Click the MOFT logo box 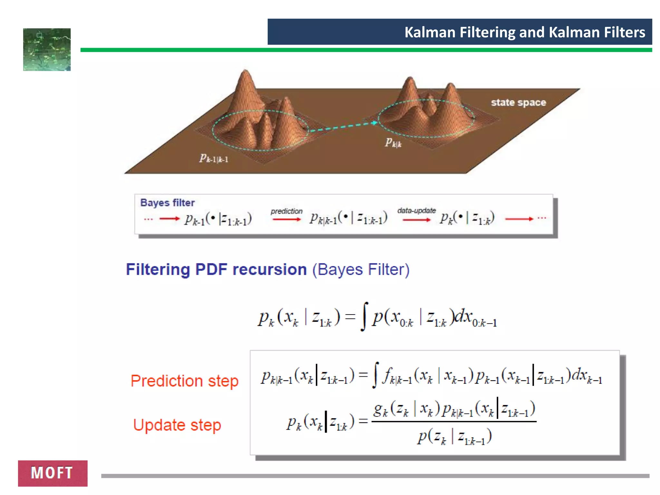tap(53, 473)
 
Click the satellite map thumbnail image tap(47, 50)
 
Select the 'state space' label tap(518, 102)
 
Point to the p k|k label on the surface tap(393, 142)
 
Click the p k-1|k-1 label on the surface tap(213, 158)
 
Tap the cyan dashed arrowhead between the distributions tap(374, 123)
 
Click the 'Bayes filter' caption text tap(167, 203)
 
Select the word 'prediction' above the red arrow tap(286, 211)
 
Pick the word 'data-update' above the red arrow tap(416, 210)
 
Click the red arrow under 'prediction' tap(286, 219)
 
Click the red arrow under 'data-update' tap(416, 220)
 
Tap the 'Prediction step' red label tap(184, 381)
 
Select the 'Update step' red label tap(177, 425)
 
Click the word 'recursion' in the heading tap(269, 269)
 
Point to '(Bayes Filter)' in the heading tap(361, 269)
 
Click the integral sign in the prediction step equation tap(375, 375)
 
